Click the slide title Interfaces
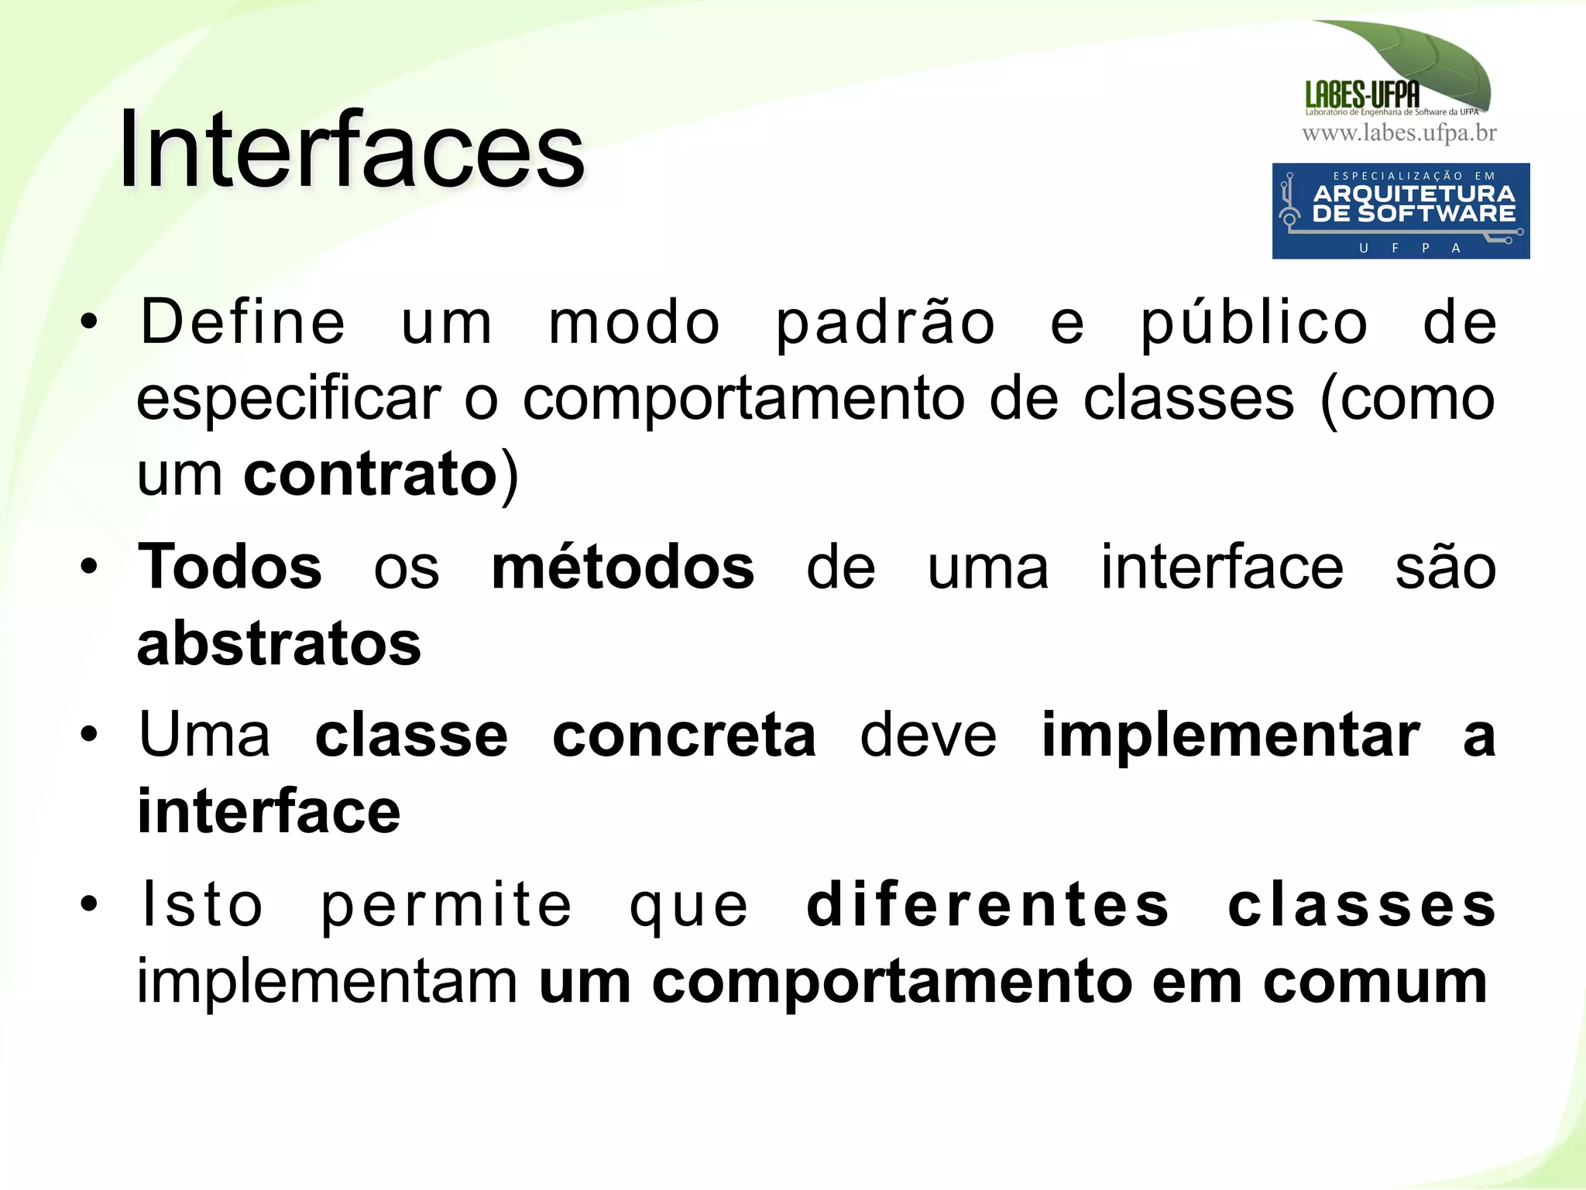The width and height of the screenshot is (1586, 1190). click(352, 149)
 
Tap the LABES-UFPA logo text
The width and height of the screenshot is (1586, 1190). click(1362, 94)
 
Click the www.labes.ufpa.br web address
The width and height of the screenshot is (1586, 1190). click(1399, 133)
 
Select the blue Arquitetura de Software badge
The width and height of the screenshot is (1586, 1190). click(1400, 211)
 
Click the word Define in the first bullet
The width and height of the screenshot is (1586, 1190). click(242, 322)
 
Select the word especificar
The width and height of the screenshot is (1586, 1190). click(288, 401)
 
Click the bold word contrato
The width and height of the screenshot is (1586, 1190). click(370, 475)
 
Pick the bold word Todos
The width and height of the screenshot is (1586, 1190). click(230, 567)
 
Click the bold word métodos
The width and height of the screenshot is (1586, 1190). click(623, 567)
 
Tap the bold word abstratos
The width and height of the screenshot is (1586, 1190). click(279, 644)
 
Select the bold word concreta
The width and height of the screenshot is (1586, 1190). click(684, 736)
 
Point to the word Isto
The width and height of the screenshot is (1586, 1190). click(201, 904)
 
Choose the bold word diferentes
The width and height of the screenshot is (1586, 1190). click(987, 904)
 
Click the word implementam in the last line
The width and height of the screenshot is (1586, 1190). click(328, 982)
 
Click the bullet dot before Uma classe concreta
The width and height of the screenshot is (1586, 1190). click(90, 734)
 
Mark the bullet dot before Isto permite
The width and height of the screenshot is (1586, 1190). click(90, 903)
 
